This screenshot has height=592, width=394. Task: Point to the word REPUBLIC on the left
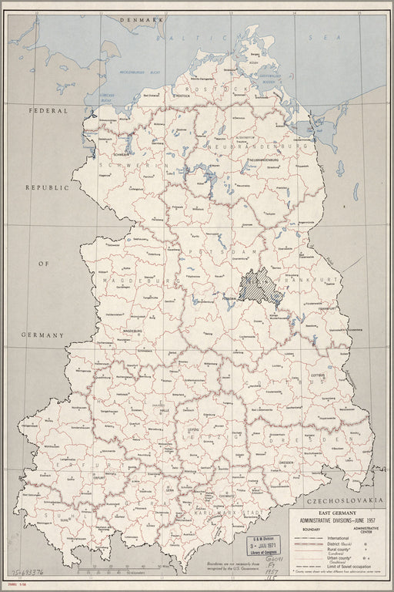45,187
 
